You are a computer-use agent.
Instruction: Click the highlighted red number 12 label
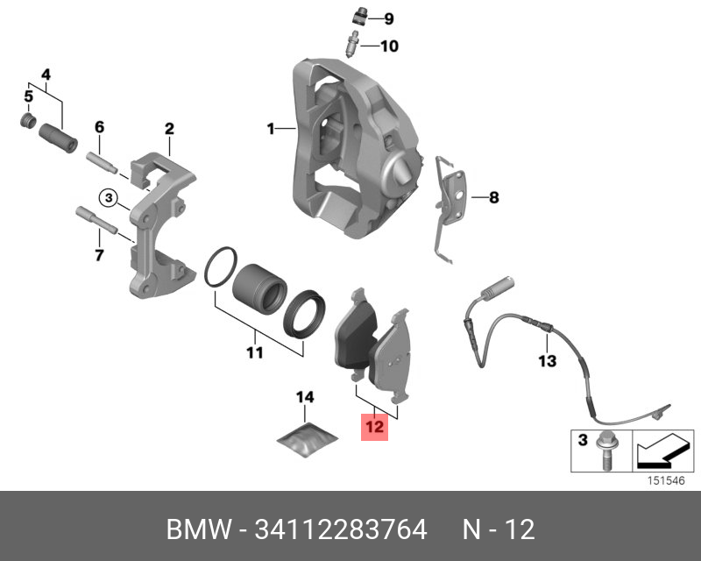pos(374,427)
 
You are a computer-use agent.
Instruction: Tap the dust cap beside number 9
pos(358,17)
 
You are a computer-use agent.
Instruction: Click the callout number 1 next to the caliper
pos(272,129)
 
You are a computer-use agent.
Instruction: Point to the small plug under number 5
pos(28,119)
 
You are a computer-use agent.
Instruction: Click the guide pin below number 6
pos(103,164)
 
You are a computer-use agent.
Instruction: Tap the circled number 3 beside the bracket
pos(108,198)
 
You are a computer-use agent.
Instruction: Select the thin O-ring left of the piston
pos(220,267)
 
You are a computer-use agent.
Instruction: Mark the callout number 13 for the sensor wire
pos(547,360)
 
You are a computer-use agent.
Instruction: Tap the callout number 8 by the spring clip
pos(493,198)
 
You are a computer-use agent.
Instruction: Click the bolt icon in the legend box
pos(604,452)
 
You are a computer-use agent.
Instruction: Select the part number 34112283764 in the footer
pos(341,529)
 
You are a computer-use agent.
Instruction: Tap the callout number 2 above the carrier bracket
pos(169,130)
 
